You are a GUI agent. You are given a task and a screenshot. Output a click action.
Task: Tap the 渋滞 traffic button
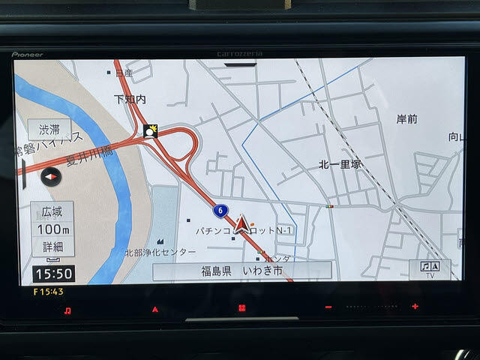(x=49, y=129)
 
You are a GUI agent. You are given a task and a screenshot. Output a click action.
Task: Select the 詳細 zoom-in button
(x=52, y=246)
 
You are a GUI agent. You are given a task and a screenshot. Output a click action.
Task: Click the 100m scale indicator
(x=52, y=229)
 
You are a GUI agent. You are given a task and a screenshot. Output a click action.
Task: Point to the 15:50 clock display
(x=53, y=274)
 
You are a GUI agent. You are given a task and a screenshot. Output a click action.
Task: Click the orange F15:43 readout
(x=48, y=291)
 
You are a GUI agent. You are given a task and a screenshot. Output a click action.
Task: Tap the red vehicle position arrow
(x=241, y=223)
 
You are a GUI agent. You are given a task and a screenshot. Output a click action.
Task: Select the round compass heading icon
(x=51, y=177)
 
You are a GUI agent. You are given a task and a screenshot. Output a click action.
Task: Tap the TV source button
(x=430, y=270)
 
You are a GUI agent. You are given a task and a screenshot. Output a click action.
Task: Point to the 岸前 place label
(x=406, y=118)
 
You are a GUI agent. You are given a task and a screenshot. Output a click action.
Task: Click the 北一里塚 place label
(x=340, y=163)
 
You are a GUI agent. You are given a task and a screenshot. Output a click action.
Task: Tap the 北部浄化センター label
(x=160, y=253)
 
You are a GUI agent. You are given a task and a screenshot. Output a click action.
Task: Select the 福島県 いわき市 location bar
(x=241, y=271)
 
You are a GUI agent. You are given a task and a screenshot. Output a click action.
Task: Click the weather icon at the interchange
(x=151, y=131)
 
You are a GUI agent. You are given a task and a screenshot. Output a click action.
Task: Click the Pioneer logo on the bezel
(x=27, y=54)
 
